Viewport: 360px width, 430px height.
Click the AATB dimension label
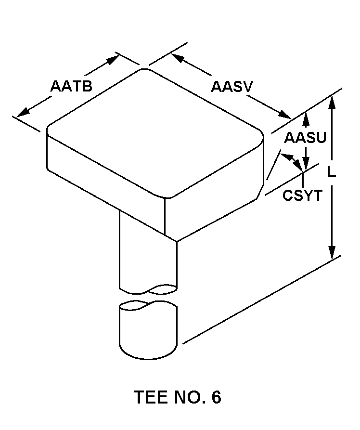pyautogui.click(x=71, y=86)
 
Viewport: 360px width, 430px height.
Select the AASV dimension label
pyautogui.click(x=231, y=87)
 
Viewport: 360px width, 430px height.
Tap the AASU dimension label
pyautogui.click(x=305, y=137)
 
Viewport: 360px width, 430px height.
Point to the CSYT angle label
pyautogui.click(x=302, y=195)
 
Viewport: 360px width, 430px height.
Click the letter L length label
pyautogui.click(x=332, y=172)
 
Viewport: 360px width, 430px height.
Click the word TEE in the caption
pyautogui.click(x=151, y=397)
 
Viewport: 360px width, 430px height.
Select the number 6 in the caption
pyautogui.click(x=216, y=397)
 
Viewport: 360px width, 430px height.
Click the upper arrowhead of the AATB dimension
pyautogui.click(x=113, y=59)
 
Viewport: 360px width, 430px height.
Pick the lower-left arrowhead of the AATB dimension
pyautogui.click(x=23, y=112)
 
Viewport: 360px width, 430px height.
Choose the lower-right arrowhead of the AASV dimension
pyautogui.click(x=285, y=114)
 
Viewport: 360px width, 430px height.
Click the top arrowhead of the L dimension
pyautogui.click(x=332, y=102)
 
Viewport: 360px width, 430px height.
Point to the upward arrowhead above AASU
pyautogui.click(x=307, y=119)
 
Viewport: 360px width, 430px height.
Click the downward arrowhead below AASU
pyautogui.click(x=307, y=163)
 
